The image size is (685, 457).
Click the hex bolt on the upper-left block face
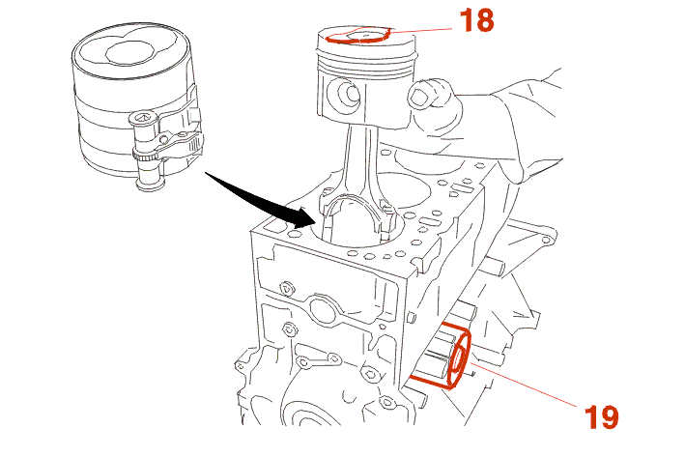[x=285, y=287]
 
